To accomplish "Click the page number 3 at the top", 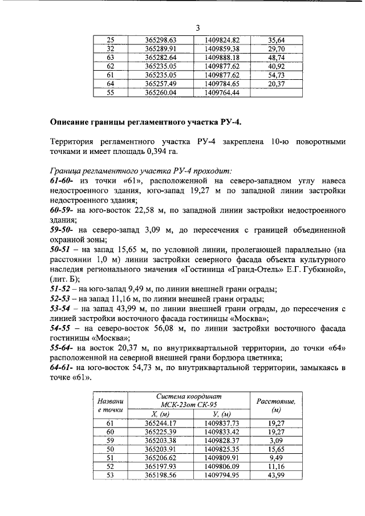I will click(x=197, y=28).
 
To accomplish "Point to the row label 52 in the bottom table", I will click(x=110, y=466).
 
